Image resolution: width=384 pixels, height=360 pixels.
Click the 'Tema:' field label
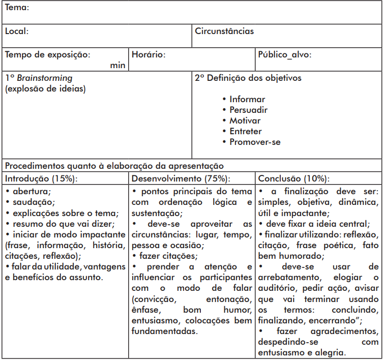tap(17, 8)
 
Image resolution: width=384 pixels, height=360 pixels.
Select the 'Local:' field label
tap(17, 31)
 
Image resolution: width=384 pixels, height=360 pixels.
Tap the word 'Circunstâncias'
tap(224, 31)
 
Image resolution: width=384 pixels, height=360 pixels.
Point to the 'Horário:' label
tap(149, 54)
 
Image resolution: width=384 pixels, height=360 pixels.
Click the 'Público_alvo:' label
tap(285, 54)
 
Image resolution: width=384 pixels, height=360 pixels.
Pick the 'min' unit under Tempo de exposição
tap(117, 65)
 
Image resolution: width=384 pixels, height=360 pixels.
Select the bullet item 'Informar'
tap(247, 100)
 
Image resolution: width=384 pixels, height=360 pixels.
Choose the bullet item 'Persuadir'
tap(248, 110)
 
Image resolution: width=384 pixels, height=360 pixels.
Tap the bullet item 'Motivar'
tap(245, 121)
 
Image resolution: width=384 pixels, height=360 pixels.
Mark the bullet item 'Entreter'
tap(246, 132)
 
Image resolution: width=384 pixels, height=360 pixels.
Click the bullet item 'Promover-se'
tap(255, 142)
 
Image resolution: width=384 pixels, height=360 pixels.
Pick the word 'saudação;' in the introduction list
tap(32, 202)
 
